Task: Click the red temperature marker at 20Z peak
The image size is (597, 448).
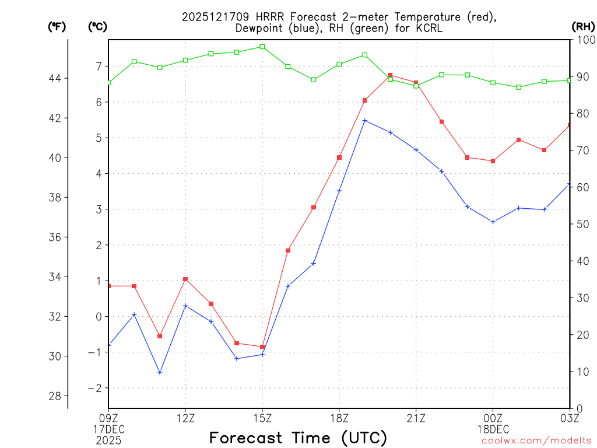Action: (391, 75)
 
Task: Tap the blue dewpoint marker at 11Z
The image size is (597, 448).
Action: (160, 372)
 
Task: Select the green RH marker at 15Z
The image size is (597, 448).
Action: (262, 47)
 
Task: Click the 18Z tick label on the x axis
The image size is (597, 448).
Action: (339, 418)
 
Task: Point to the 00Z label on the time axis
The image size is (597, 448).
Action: (493, 418)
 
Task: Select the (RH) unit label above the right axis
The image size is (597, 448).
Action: (583, 26)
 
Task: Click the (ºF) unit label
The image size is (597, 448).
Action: (57, 26)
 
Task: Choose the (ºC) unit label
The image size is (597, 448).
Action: (97, 26)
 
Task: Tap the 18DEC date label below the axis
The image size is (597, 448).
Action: (493, 429)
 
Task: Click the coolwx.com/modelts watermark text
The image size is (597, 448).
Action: (536, 440)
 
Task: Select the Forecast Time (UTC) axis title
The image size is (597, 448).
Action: (298, 437)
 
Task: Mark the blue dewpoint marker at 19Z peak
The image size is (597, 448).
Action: (365, 121)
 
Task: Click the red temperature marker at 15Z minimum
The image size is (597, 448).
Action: (262, 346)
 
